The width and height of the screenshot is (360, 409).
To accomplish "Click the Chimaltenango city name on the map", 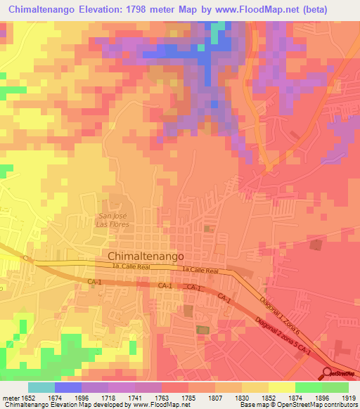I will (x=146, y=257).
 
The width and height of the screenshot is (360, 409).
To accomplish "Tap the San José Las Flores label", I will (x=114, y=220).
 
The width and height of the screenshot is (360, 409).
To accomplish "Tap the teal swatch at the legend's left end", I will (x=41, y=387).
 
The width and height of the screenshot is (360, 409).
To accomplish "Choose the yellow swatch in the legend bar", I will (x=281, y=387).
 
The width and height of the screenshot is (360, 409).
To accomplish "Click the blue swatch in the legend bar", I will (x=68, y=387).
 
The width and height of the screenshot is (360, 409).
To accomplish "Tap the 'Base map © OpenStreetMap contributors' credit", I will (x=299, y=405).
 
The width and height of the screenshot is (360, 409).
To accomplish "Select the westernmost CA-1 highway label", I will (x=95, y=282).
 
